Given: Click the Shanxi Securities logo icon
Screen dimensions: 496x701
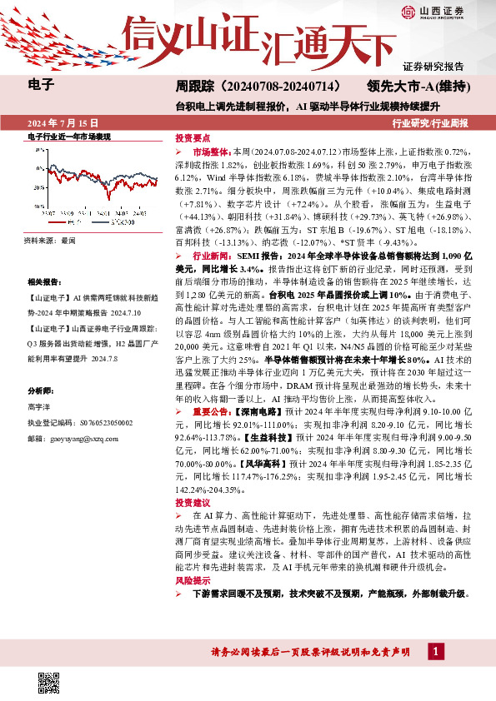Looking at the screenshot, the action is (409, 11).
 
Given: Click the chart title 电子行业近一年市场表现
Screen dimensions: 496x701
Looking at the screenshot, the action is (70, 137).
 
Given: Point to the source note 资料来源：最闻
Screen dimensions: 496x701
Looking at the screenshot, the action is (50, 239).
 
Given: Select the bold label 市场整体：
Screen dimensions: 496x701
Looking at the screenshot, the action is (213, 153).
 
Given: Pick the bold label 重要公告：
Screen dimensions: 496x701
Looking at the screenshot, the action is (213, 411).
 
